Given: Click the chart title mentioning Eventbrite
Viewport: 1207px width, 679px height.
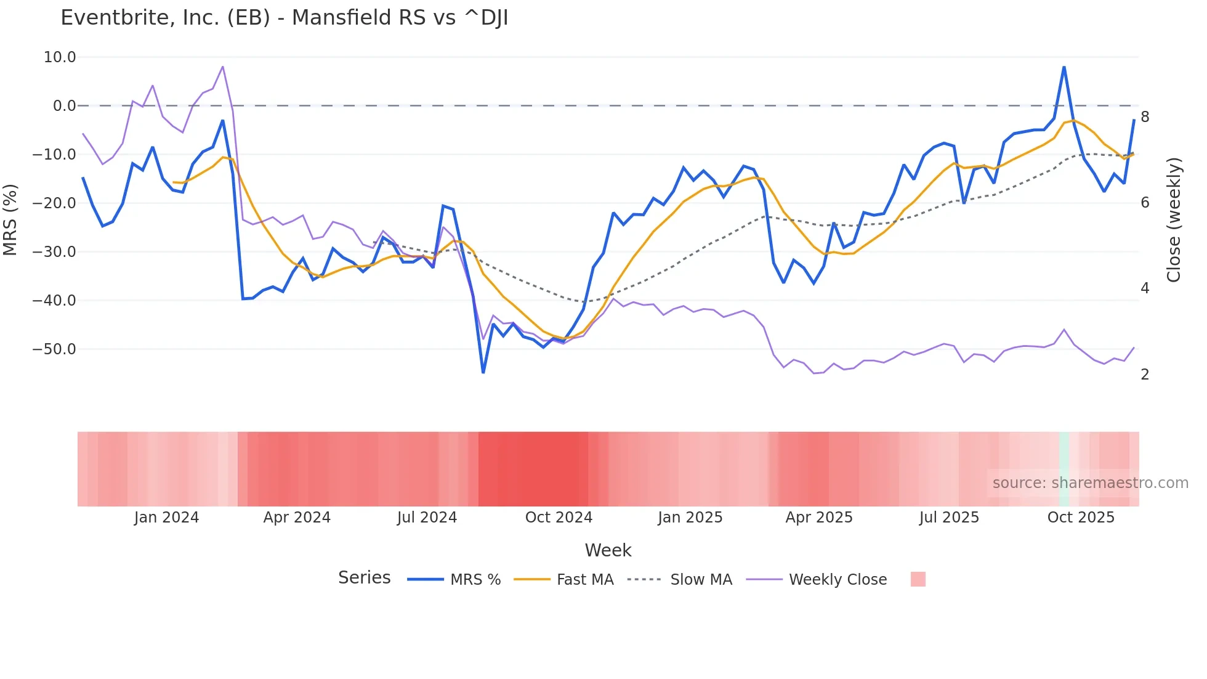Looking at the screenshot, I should click(x=284, y=18).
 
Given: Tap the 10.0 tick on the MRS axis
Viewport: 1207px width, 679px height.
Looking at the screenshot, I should click(x=60, y=57).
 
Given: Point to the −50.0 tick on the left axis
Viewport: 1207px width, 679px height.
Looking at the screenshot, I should click(x=54, y=349).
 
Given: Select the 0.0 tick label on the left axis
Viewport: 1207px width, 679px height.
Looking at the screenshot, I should click(x=64, y=106).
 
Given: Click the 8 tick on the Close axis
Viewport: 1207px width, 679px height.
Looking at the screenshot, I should click(x=1145, y=117).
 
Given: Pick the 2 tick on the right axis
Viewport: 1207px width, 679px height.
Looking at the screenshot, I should click(x=1145, y=375).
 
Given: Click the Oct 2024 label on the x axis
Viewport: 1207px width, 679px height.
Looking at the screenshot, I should click(x=559, y=518).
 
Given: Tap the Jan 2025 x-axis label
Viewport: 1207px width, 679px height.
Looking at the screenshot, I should click(x=690, y=518).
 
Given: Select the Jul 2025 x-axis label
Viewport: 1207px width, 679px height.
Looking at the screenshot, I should click(x=949, y=518).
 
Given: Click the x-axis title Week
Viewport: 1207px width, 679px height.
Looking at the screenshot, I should click(x=608, y=550).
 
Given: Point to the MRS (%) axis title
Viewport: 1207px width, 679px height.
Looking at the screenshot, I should click(x=10, y=219).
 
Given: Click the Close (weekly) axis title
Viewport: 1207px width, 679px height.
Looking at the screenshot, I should click(x=1174, y=219).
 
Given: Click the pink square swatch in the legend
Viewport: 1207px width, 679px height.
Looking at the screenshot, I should click(x=918, y=579).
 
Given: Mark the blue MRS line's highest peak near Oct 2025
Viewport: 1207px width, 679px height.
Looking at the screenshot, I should click(x=1064, y=67).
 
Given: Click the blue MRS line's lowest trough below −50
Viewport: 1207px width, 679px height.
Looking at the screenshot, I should click(x=483, y=372).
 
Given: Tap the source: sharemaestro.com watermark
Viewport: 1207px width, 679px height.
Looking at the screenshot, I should click(x=1090, y=483).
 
